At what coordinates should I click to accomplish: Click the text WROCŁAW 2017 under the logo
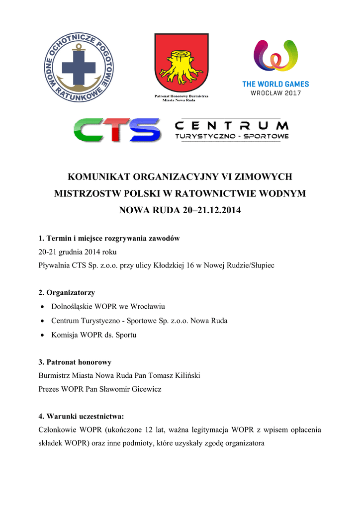click(x=275, y=93)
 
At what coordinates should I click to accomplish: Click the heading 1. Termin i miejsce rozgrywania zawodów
click(x=109, y=239)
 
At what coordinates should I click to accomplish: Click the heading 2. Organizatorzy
click(x=67, y=293)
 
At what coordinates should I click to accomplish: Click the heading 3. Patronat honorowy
click(x=75, y=362)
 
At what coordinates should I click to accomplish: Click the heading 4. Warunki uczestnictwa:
click(x=81, y=416)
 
